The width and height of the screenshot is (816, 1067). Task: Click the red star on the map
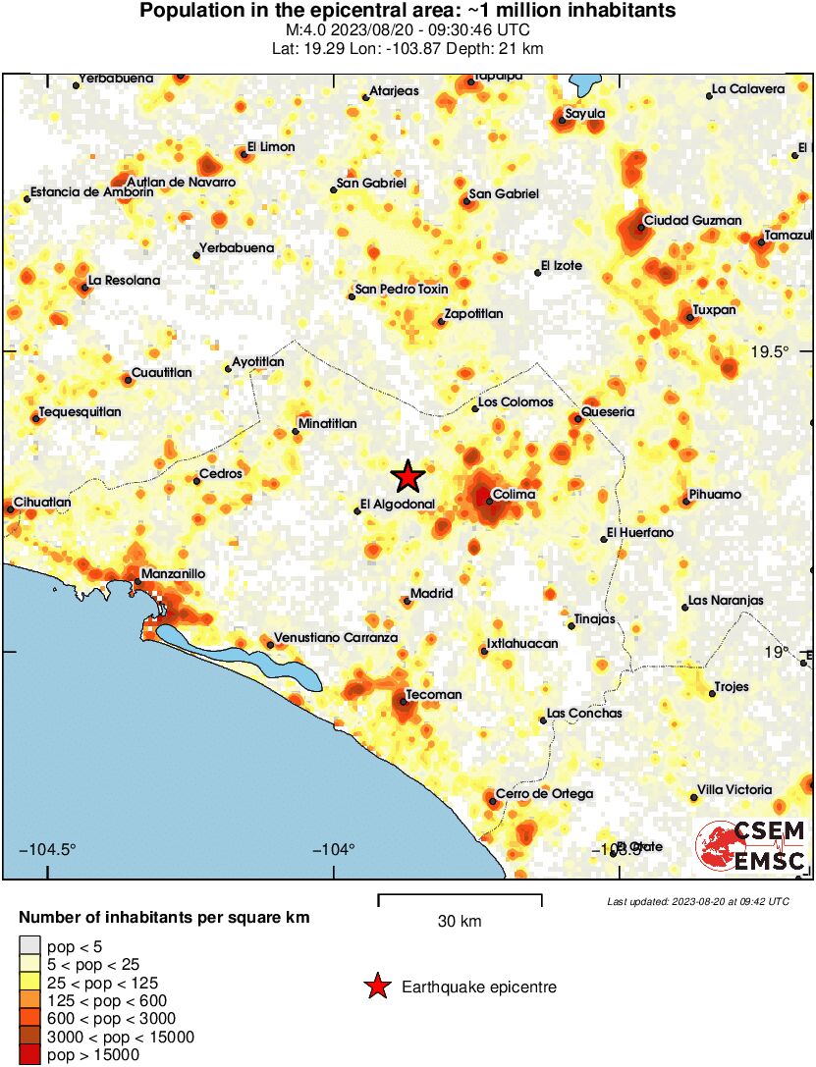[408, 476]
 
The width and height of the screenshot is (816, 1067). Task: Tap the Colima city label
[514, 495]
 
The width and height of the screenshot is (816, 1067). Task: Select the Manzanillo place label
[173, 573]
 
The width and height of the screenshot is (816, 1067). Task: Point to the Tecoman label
[433, 695]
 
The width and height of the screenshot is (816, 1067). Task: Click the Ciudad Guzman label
[692, 221]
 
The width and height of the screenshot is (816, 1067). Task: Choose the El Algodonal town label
[397, 505]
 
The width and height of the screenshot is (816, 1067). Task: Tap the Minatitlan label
[329, 424]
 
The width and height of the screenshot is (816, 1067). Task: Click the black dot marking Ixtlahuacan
[484, 651]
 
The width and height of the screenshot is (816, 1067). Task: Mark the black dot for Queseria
[577, 419]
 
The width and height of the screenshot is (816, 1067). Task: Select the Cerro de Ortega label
[544, 793]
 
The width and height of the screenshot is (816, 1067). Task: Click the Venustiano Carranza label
[335, 638]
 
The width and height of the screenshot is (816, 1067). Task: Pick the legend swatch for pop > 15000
[29, 1055]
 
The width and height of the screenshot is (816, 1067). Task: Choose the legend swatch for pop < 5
[29, 947]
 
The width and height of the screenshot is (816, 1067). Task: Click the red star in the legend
[376, 987]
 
